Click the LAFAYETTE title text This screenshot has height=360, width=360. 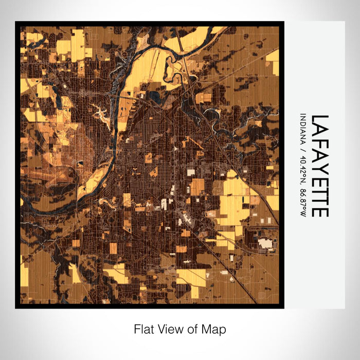pos(319,165)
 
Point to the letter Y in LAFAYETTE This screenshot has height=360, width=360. pos(319,166)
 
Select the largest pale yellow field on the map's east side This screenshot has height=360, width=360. pos(234,201)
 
